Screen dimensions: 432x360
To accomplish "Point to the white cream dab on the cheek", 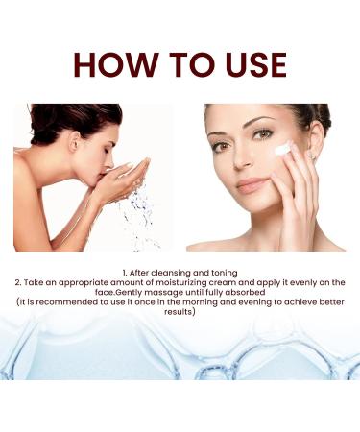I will [283, 149].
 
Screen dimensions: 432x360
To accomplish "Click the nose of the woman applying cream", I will [247, 161].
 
